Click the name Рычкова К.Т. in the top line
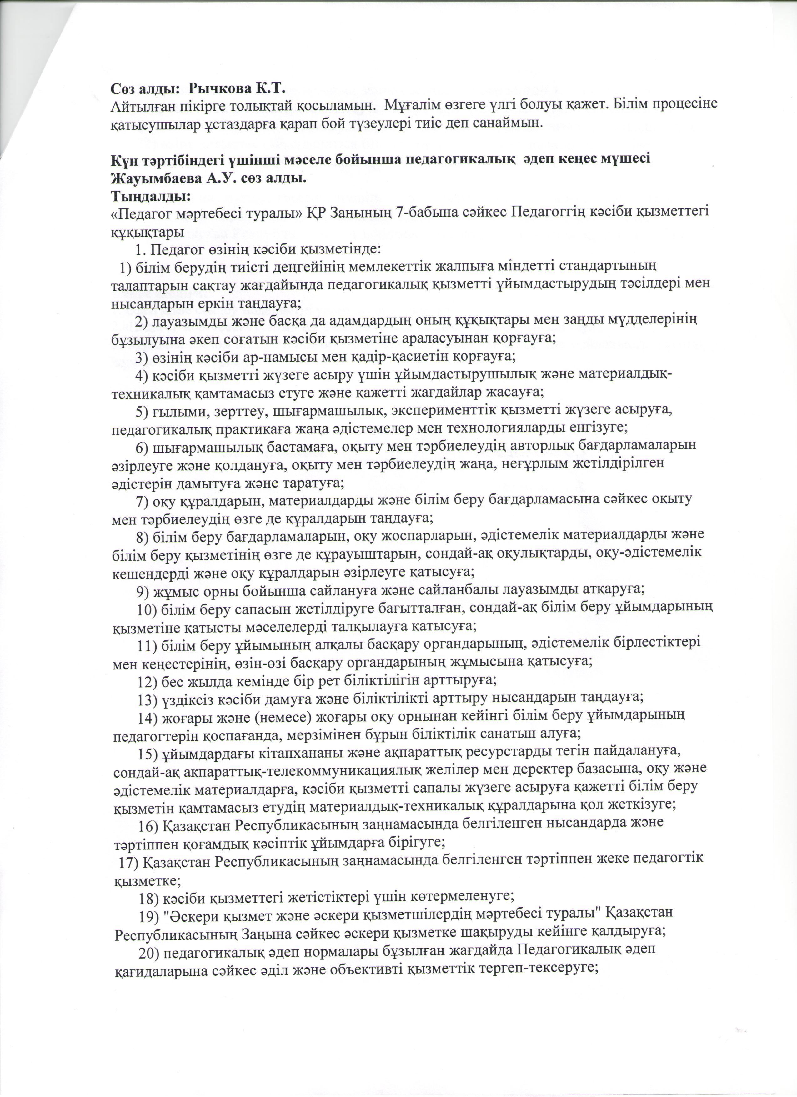(x=237, y=89)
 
